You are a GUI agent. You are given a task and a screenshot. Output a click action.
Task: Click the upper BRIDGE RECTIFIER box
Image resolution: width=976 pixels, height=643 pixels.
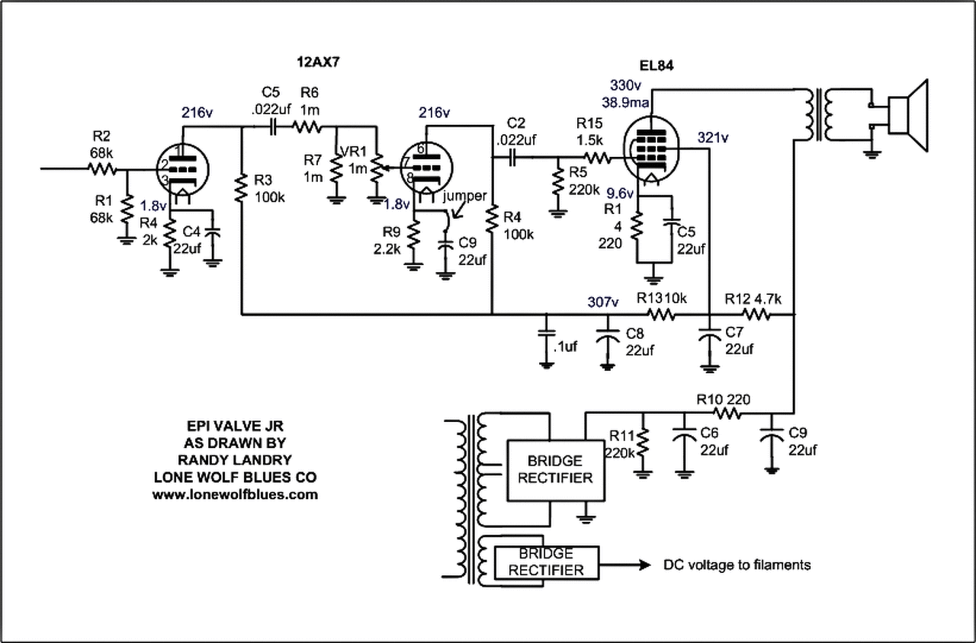(x=554, y=469)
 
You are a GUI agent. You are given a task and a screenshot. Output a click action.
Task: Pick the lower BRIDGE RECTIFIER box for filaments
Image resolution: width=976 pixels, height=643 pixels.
(x=546, y=562)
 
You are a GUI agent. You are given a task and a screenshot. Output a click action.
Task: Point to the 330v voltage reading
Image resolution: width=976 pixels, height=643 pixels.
(x=625, y=84)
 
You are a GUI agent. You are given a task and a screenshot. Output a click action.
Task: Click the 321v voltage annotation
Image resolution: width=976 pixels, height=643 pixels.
(x=714, y=138)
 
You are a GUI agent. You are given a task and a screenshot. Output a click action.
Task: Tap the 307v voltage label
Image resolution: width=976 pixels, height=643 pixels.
(x=603, y=302)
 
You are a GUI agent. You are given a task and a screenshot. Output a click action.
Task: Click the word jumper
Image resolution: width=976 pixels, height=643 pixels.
(x=466, y=196)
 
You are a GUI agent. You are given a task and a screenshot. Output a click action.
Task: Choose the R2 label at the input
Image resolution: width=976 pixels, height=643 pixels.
(x=101, y=137)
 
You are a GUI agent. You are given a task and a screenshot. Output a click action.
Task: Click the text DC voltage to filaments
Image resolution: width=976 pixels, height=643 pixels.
(x=737, y=565)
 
